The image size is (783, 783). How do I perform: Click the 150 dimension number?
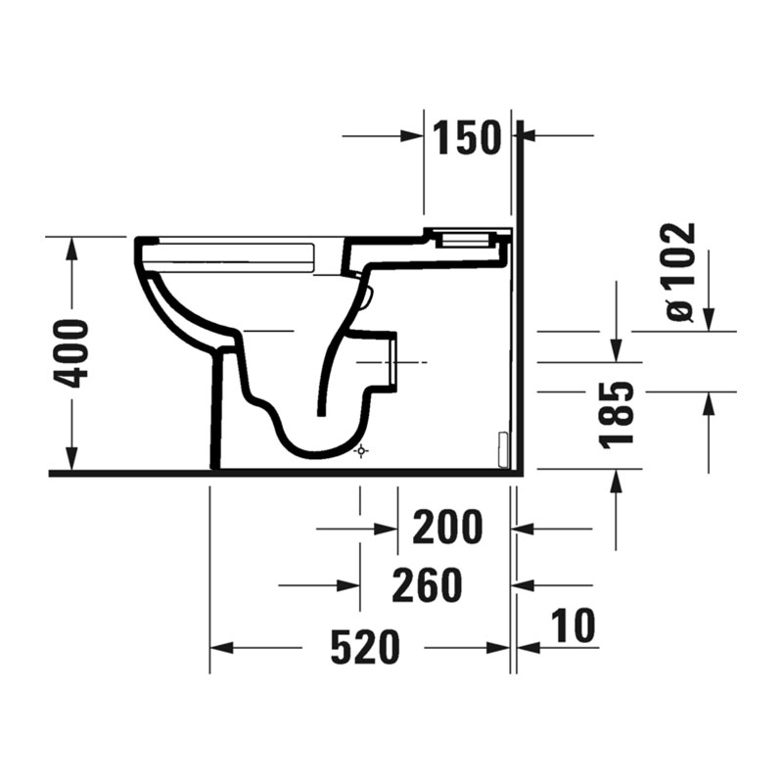(467, 137)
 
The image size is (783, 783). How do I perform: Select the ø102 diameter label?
(680, 272)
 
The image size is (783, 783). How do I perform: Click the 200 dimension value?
(447, 527)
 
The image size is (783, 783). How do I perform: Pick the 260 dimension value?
(427, 585)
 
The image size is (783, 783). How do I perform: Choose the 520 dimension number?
(365, 647)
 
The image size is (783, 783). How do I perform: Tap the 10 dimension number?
(573, 625)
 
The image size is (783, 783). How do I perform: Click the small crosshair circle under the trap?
(361, 451)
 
